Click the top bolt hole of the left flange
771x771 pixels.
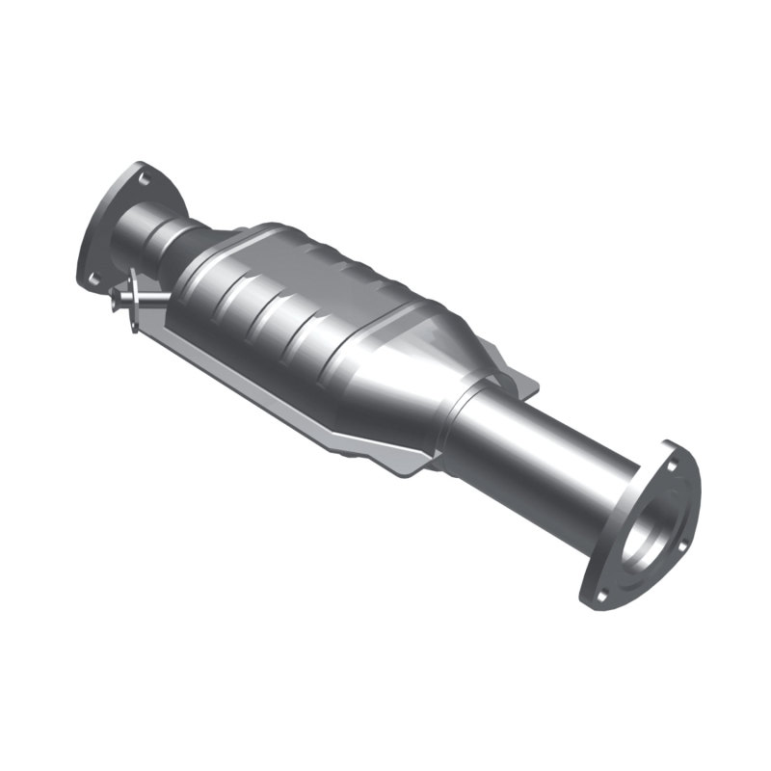(144, 178)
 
